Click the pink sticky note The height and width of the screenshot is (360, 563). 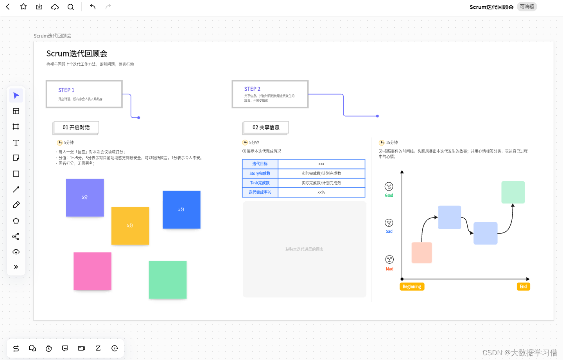pyautogui.click(x=92, y=271)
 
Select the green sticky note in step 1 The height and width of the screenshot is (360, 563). pyautogui.click(x=167, y=280)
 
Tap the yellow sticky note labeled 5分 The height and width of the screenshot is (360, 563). pyautogui.click(x=130, y=226)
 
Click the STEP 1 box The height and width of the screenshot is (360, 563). pyautogui.click(x=84, y=94)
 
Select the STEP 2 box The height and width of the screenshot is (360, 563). pyautogui.click(x=270, y=94)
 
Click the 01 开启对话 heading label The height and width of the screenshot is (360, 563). pyautogui.click(x=76, y=128)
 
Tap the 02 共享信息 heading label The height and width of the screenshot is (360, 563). pyautogui.click(x=266, y=128)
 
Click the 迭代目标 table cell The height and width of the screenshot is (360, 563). pyautogui.click(x=260, y=164)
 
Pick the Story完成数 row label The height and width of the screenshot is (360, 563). pyautogui.click(x=260, y=173)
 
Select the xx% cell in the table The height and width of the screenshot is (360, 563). pyautogui.click(x=321, y=193)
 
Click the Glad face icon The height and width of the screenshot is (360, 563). pyautogui.click(x=389, y=187)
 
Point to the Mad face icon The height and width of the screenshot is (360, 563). pyautogui.click(x=389, y=259)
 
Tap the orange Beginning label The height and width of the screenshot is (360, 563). pyautogui.click(x=412, y=287)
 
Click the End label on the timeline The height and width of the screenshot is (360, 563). pyautogui.click(x=523, y=287)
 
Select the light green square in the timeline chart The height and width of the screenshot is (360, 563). pyautogui.click(x=513, y=192)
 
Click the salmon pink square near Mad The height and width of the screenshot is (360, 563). pyautogui.click(x=421, y=252)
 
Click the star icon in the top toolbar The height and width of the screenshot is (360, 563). pyautogui.click(x=23, y=7)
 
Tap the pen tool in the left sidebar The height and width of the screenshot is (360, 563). pyautogui.click(x=16, y=205)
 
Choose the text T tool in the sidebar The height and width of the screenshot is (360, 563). pyautogui.click(x=16, y=143)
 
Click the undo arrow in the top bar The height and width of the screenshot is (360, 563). pyautogui.click(x=93, y=7)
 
